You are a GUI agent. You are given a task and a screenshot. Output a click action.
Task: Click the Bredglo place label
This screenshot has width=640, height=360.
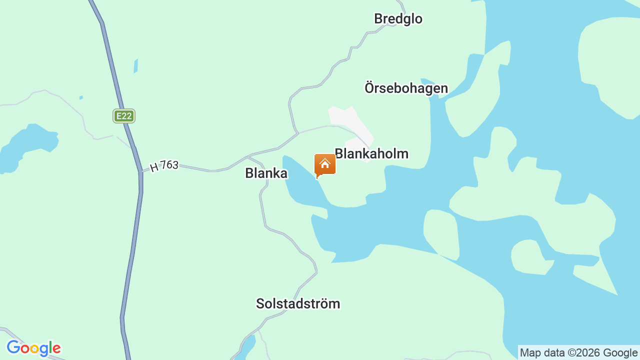pos(398,19)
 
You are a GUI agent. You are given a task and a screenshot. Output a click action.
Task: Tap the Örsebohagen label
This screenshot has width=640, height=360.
pos(406,88)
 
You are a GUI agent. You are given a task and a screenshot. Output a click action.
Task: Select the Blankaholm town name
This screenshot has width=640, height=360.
pos(371,153)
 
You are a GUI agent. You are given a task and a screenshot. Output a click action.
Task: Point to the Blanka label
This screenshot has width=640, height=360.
pos(266,173)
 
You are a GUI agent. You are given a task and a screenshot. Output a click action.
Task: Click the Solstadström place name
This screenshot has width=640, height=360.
pos(298,303)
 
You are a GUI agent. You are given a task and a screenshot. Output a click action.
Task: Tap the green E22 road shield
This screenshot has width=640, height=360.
pos(123,116)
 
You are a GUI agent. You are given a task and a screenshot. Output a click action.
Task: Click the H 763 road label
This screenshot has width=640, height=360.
pos(164,165)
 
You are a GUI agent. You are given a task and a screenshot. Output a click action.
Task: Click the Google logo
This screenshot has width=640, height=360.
pos(33,348)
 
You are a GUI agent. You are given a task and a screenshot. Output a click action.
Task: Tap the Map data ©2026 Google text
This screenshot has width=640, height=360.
pos(578,352)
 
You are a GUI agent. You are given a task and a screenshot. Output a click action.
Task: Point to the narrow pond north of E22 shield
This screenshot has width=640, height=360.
pos(135,66)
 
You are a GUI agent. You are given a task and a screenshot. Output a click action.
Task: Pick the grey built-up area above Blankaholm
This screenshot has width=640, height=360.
pos(350,122)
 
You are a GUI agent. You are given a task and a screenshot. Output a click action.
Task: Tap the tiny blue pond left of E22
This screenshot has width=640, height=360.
pos(81,97)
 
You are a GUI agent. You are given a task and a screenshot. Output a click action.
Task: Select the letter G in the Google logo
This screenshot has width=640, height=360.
pos(13,347)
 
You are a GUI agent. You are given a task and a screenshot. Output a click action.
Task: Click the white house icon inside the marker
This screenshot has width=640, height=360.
pos(325,163)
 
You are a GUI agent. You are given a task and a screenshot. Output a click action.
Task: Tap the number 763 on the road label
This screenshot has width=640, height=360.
pos(169,165)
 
